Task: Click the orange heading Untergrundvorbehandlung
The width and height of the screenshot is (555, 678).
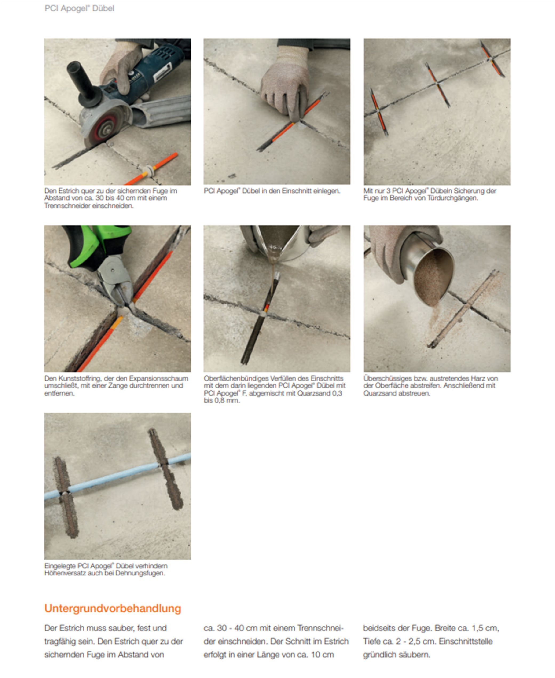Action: (x=113, y=608)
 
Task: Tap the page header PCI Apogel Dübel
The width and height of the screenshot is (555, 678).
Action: (x=79, y=8)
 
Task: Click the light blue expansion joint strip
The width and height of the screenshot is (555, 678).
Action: (x=117, y=476)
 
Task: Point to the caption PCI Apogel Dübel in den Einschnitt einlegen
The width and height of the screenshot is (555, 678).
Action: (x=272, y=191)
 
